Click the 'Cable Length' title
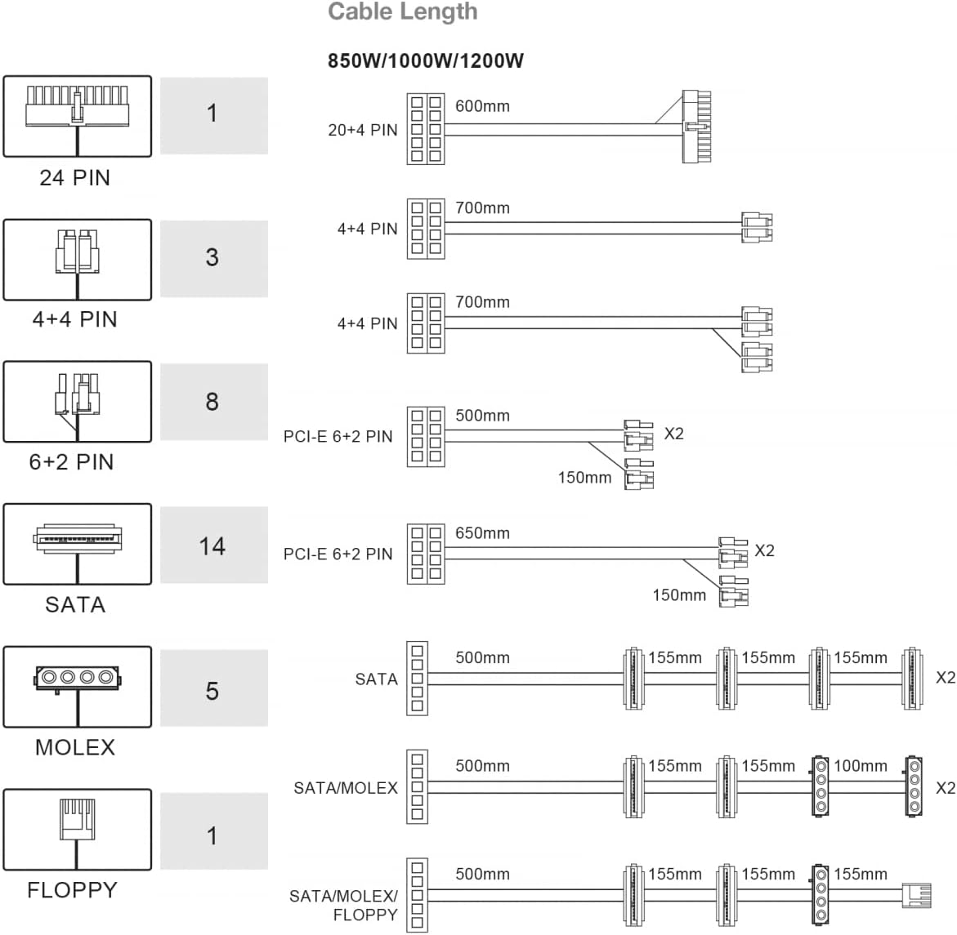tap(403, 11)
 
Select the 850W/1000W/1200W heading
tap(426, 61)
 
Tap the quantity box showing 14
tap(213, 545)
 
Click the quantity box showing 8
tap(213, 401)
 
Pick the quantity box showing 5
tap(213, 688)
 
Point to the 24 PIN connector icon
tap(78, 116)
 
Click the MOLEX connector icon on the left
tap(78, 687)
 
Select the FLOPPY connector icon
tap(78, 830)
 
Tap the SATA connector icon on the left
tap(78, 544)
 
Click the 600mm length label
tap(482, 106)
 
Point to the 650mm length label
tap(482, 533)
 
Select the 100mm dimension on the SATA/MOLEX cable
tap(861, 765)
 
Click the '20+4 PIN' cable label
tap(363, 130)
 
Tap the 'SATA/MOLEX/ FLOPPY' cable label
tap(343, 905)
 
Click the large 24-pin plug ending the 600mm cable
tap(696, 127)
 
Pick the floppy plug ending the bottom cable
tap(917, 895)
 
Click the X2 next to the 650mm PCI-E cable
tap(765, 550)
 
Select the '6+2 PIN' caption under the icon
tap(71, 461)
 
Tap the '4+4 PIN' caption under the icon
tap(74, 319)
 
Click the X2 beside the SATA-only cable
tap(946, 678)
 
